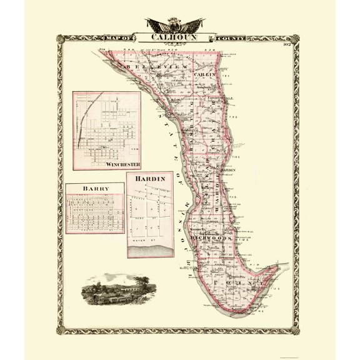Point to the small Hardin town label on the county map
[229, 170]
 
